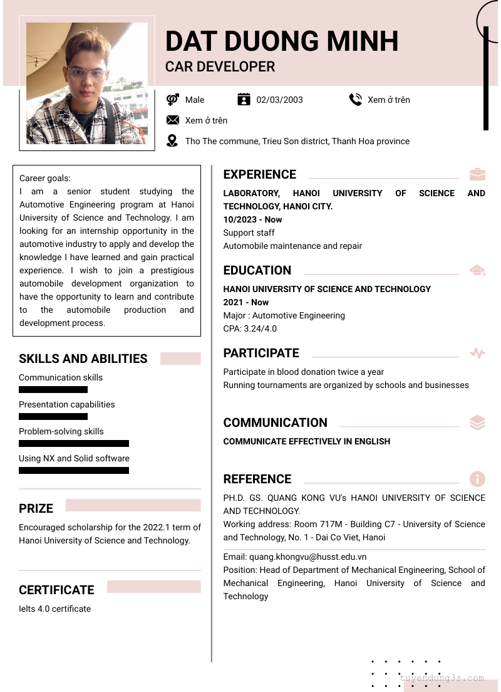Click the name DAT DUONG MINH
click(x=282, y=41)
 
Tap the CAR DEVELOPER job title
click(x=220, y=66)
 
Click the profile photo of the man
click(x=87, y=83)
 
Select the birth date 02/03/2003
click(x=279, y=100)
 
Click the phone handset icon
click(x=355, y=99)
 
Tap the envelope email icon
click(x=173, y=120)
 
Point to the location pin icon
click(x=172, y=140)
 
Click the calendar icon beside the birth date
click(x=244, y=99)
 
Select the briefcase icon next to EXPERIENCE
click(x=477, y=174)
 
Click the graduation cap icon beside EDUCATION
click(x=477, y=270)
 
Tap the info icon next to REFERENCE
click(x=477, y=479)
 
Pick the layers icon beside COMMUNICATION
click(x=477, y=422)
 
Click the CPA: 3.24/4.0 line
click(x=250, y=328)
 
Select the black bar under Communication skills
click(x=53, y=390)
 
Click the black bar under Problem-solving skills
click(x=74, y=444)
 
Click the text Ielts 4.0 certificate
click(x=54, y=609)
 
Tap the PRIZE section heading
click(x=36, y=508)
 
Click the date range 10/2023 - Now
click(x=252, y=219)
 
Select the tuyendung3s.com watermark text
click(x=442, y=678)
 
